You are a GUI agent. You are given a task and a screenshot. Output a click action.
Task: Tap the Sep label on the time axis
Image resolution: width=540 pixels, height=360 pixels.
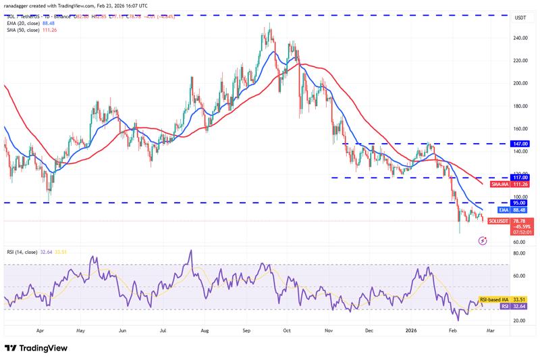246,332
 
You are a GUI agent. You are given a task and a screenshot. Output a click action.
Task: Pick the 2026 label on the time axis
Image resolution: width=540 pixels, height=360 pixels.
411,332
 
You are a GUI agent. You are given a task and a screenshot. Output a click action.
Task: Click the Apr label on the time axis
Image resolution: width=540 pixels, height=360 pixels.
40,332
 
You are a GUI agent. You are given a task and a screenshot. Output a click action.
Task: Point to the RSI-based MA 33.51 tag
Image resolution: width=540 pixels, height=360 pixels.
504,299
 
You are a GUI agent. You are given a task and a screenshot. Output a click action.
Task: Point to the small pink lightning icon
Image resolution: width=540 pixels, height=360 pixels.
483,240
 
